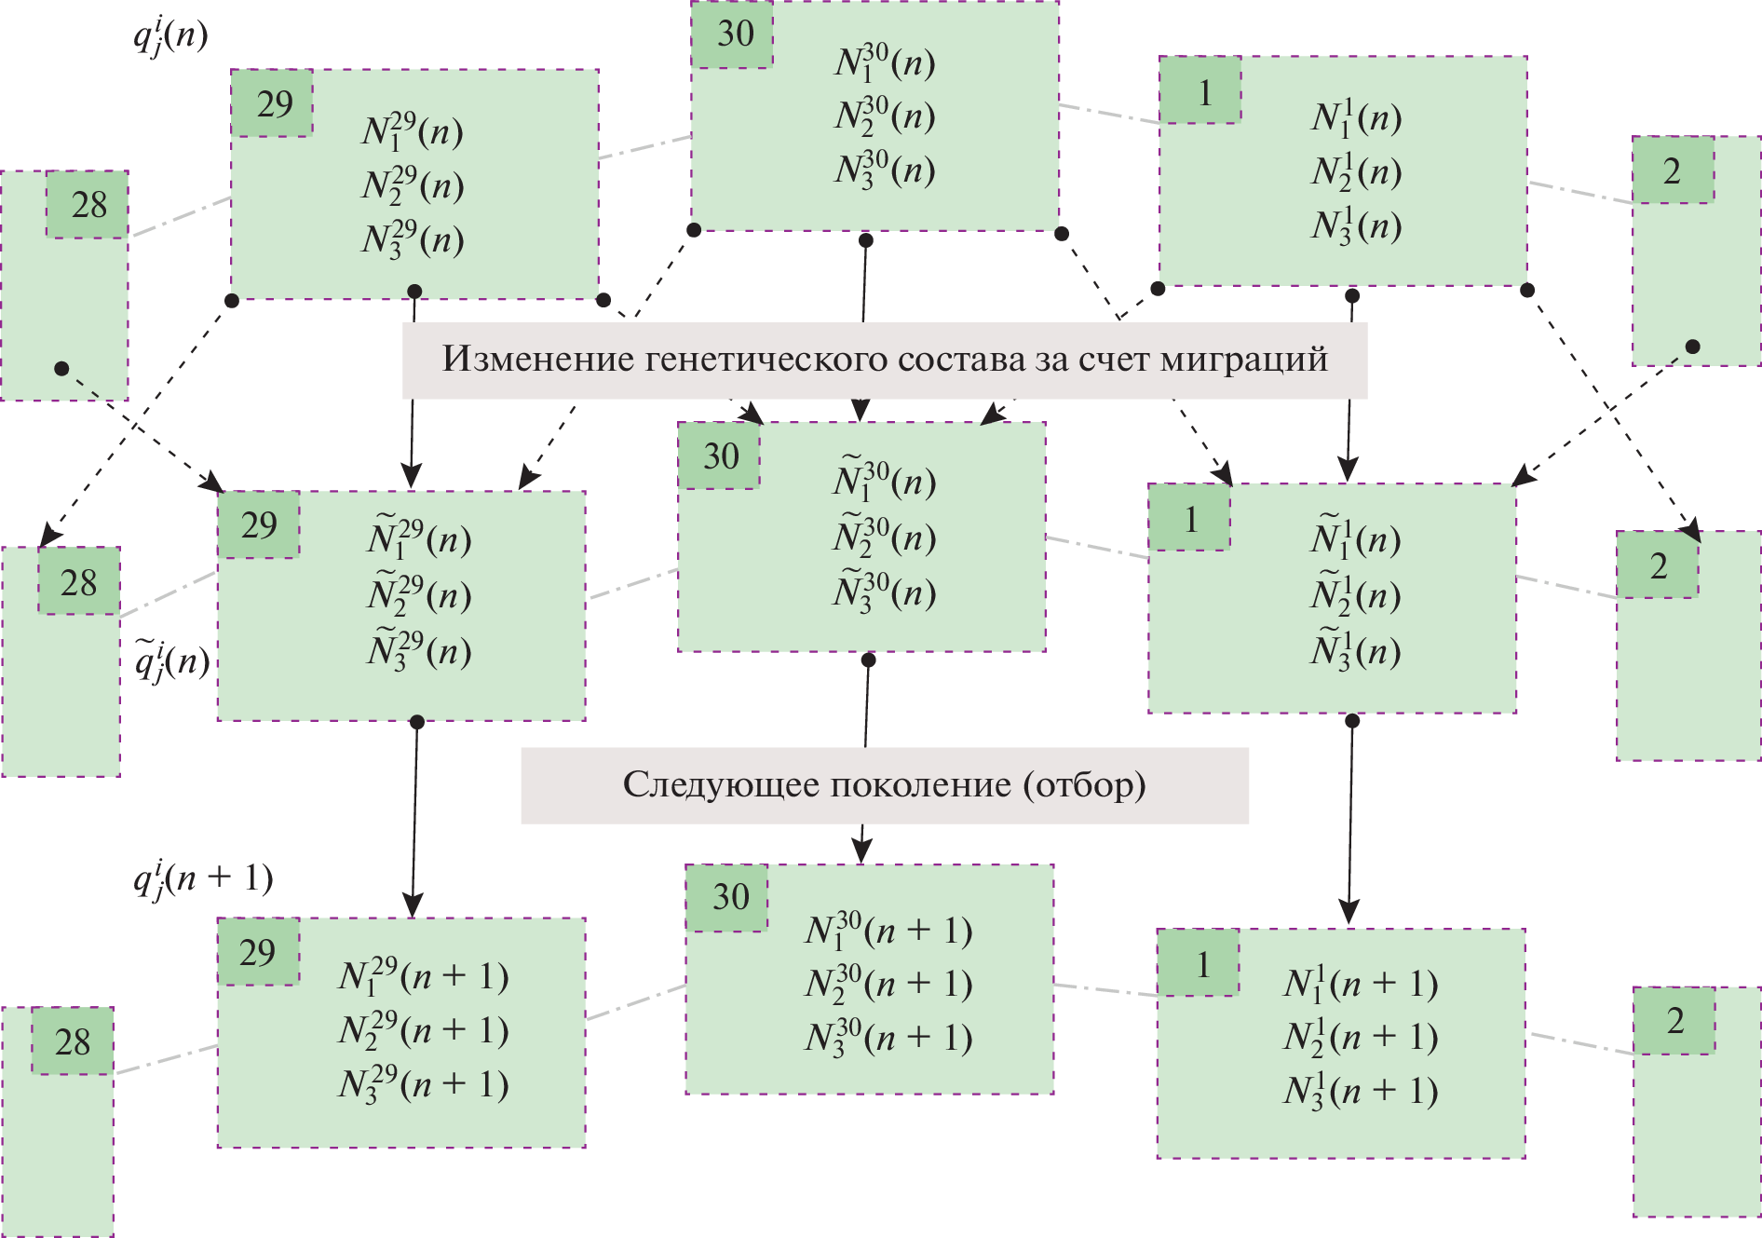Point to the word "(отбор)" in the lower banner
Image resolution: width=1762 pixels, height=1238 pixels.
pos(1084,784)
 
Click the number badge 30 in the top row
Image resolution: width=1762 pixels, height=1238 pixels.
pos(734,34)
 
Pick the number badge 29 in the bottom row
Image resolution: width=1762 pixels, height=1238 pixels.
pos(258,952)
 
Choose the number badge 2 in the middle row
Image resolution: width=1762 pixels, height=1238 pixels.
pos(1658,565)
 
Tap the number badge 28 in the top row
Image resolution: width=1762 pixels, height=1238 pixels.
pos(88,205)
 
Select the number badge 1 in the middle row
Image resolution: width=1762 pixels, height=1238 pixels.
pos(1190,518)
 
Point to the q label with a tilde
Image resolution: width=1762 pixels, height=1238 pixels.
pos(172,661)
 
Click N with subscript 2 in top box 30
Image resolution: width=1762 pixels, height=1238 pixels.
pos(885,116)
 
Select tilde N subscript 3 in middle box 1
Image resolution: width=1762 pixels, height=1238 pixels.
pos(1355,650)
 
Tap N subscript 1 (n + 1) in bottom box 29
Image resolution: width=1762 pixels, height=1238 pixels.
pos(423,976)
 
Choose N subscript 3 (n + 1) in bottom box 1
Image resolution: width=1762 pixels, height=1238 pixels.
pos(1360,1091)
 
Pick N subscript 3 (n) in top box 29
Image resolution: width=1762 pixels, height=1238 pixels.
pos(413,239)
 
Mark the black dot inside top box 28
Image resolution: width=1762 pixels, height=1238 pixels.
pos(61,369)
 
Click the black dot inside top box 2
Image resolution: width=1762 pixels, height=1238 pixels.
pos(1693,347)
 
